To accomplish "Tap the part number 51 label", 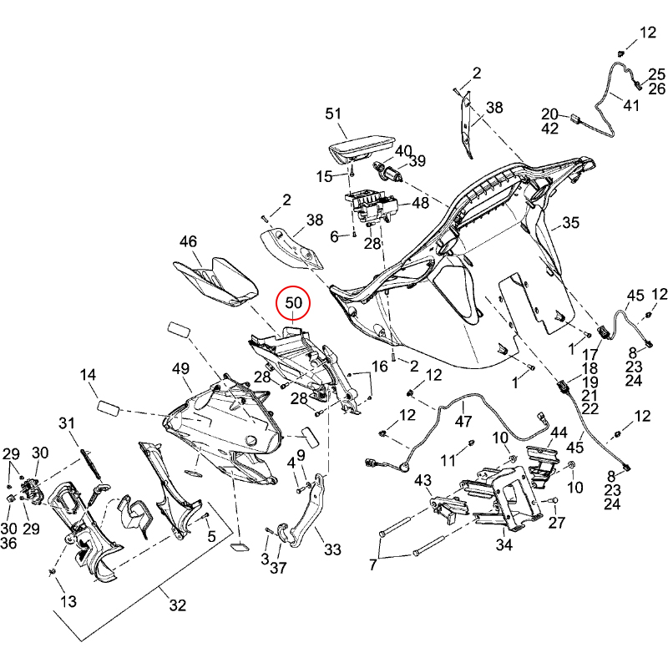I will point(334,114).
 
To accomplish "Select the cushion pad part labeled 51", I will point(362,149).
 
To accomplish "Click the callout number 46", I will point(189,241).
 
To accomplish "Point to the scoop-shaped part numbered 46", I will point(219,281).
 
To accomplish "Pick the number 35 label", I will point(570,223).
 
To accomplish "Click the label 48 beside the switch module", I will point(420,203).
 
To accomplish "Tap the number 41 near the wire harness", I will point(630,106).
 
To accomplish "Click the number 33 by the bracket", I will point(333,550).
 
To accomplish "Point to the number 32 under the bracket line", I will point(177,606).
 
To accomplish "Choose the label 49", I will point(181,369).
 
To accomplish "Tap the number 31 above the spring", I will point(68,423).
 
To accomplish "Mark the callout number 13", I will point(68,601).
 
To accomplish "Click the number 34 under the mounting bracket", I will point(504,545).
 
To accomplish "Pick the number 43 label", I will point(423,481).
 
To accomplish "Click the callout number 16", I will point(380,367).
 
